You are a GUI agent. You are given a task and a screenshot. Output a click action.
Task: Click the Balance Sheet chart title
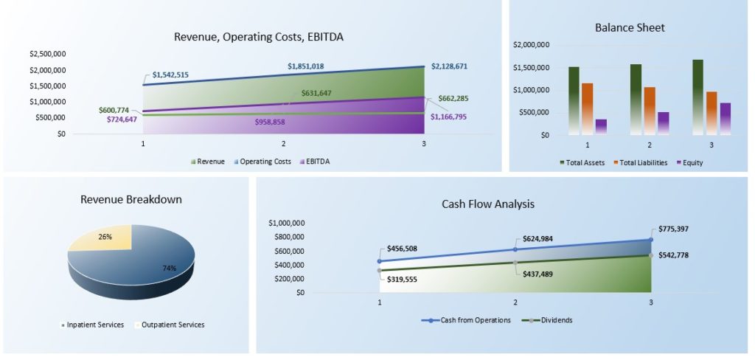tap(630, 28)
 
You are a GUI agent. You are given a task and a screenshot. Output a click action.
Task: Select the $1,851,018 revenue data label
tap(306, 66)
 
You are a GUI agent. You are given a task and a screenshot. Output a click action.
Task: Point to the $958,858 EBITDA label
tap(270, 122)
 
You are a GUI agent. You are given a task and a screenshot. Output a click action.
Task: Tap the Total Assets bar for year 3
tap(697, 97)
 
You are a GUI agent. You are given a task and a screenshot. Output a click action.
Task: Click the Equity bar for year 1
tap(601, 127)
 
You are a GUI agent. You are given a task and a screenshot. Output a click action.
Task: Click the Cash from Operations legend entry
tap(466, 320)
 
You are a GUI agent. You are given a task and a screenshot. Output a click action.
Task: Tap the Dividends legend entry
tap(548, 320)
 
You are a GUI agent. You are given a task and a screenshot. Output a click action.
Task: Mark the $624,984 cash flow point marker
tap(515, 249)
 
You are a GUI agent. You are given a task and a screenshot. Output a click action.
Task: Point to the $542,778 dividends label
tap(673, 255)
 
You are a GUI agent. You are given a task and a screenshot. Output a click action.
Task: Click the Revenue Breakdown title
tap(131, 199)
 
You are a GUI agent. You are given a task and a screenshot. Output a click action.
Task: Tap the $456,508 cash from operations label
tap(402, 249)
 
